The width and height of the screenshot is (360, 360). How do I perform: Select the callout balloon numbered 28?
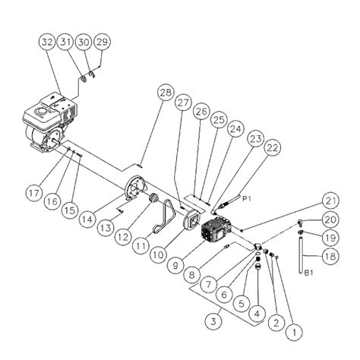[x=164, y=93]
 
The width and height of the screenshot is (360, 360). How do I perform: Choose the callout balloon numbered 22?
[x=273, y=149]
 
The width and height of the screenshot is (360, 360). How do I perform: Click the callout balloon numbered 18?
[x=329, y=257]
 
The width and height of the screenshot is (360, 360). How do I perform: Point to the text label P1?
[x=245, y=198]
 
